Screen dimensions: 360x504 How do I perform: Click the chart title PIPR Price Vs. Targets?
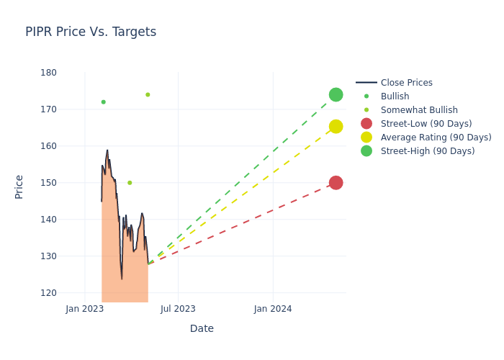91,32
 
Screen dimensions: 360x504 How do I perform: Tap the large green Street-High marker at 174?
336,95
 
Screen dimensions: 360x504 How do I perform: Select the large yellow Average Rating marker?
336,127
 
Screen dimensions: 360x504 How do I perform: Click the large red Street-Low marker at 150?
336,183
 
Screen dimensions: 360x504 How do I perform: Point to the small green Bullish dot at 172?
103,102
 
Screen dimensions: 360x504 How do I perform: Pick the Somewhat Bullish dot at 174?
148,94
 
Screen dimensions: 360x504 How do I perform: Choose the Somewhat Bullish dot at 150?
130,183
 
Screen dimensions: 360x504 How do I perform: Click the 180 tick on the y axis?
49,73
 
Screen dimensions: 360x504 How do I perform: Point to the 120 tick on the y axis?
49,293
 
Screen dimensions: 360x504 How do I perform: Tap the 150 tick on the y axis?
49,183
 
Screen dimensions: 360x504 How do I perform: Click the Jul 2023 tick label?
178,309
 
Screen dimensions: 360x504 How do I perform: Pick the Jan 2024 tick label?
273,309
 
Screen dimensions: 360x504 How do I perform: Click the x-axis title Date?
202,328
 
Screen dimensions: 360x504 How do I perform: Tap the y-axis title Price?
19,186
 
